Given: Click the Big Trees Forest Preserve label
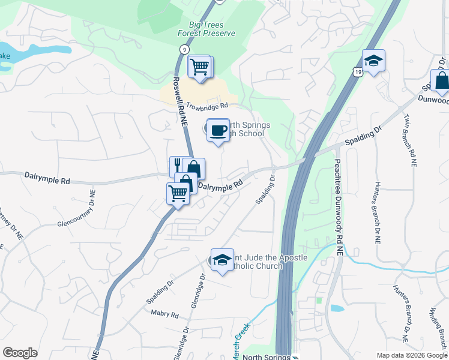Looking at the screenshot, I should [206, 29].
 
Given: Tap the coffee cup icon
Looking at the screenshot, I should [217, 130].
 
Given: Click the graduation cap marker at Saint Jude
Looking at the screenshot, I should [222, 259].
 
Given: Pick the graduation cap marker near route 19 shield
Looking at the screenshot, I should [373, 61].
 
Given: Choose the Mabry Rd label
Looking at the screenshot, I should [165, 314].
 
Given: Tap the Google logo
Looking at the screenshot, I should [20, 353].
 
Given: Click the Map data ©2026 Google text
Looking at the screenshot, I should [411, 355].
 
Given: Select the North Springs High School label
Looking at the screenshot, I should [246, 129].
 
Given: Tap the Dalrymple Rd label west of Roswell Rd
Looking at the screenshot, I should [47, 178].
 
